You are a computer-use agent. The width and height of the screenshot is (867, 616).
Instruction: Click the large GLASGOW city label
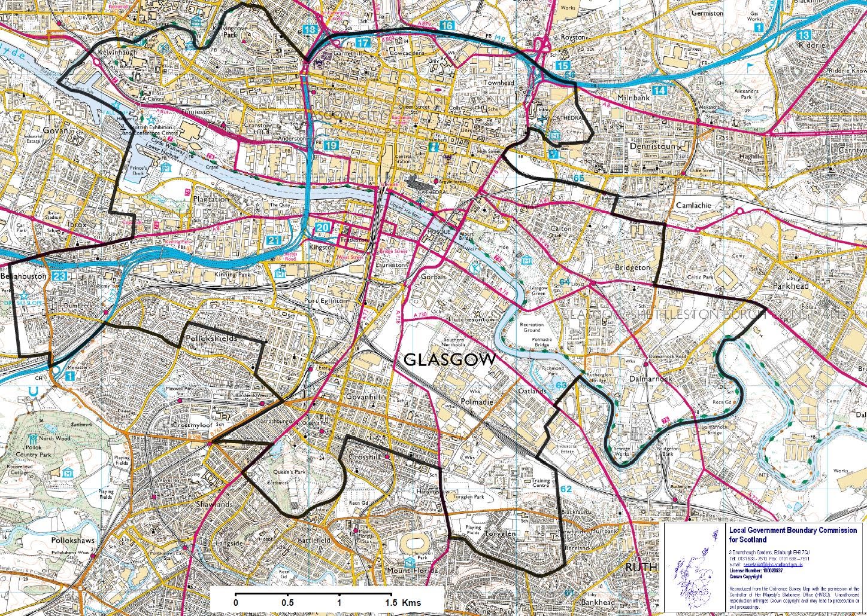pyautogui.click(x=450, y=360)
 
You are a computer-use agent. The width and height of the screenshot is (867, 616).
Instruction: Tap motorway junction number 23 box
pyautogui.click(x=59, y=276)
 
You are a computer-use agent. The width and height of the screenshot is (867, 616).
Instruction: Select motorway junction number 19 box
pyautogui.click(x=331, y=145)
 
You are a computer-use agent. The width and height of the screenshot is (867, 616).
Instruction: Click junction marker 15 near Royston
pyautogui.click(x=562, y=65)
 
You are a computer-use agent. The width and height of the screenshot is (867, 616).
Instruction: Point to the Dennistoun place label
pyautogui.click(x=652, y=146)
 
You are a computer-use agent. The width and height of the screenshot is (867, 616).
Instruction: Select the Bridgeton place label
pyautogui.click(x=632, y=268)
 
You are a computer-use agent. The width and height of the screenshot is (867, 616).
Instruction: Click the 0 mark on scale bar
pyautogui.click(x=236, y=602)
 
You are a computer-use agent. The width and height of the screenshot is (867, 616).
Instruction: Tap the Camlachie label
pyautogui.click(x=693, y=205)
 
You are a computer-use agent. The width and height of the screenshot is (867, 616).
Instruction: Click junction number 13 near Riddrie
pyautogui.click(x=804, y=35)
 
